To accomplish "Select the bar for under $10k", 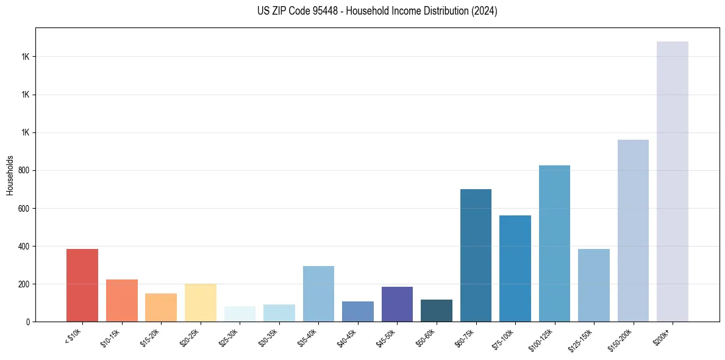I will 82,285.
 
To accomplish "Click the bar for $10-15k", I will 122,300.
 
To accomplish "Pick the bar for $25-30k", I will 240,314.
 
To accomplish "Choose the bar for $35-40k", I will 318,293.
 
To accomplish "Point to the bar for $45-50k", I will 397,304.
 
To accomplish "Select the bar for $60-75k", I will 476,255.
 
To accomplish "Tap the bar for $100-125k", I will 554,243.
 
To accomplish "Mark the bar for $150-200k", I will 633,231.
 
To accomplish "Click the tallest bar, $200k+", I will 673,181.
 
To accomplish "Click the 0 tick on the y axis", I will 28,322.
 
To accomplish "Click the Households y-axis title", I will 10,175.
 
